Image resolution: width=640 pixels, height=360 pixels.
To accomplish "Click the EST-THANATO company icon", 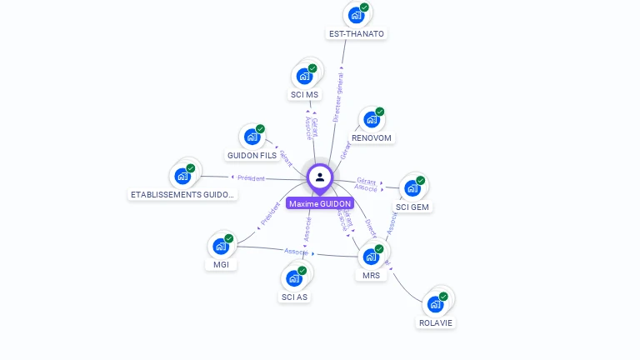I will click(x=356, y=14).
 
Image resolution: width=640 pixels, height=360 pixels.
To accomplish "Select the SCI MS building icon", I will click(x=304, y=75).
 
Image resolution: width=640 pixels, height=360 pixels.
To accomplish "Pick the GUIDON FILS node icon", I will click(x=252, y=137).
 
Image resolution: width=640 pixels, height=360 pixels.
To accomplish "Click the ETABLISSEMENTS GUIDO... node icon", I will click(x=182, y=176).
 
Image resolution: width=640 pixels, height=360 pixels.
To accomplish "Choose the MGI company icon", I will click(x=220, y=246).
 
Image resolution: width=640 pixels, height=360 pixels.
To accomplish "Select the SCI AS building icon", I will click(x=293, y=277).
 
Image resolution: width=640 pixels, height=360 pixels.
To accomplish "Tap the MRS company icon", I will click(x=371, y=256).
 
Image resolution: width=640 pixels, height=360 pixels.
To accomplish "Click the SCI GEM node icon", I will click(x=412, y=187).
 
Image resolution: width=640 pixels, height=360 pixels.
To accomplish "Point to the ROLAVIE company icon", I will click(x=435, y=303).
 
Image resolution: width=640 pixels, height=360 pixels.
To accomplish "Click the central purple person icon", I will click(x=320, y=177).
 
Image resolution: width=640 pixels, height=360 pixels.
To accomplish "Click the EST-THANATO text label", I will click(x=357, y=34).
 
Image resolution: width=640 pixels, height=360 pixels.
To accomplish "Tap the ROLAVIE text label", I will click(x=437, y=322).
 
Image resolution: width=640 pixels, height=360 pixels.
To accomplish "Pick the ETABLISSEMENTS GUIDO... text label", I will click(x=183, y=195).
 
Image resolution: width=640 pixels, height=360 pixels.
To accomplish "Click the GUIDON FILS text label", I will click(x=252, y=156).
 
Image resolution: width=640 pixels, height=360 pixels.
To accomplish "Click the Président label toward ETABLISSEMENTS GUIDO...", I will click(x=251, y=177).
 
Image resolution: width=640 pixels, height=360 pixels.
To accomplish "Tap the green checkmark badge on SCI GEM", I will click(x=421, y=180).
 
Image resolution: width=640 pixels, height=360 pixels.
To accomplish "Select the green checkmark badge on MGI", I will click(x=229, y=238).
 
